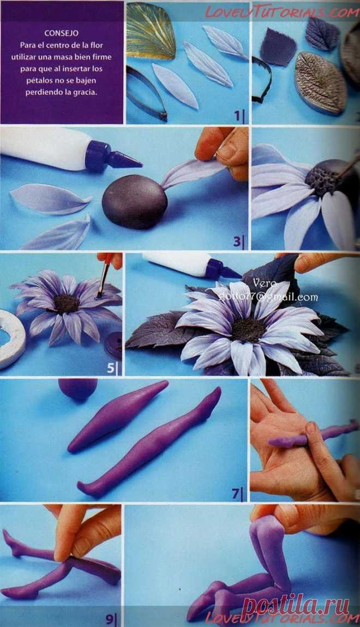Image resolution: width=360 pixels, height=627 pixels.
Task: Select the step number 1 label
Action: pos(238,116)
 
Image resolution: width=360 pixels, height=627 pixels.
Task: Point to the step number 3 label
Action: pos(238,240)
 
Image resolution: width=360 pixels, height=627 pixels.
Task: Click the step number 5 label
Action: pos(111,368)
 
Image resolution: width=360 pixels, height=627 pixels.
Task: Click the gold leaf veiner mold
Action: pos(151,32)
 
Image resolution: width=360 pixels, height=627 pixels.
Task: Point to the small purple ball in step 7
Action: pos(77,389)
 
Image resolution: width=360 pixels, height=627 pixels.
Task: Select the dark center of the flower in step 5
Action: pos(67,303)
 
